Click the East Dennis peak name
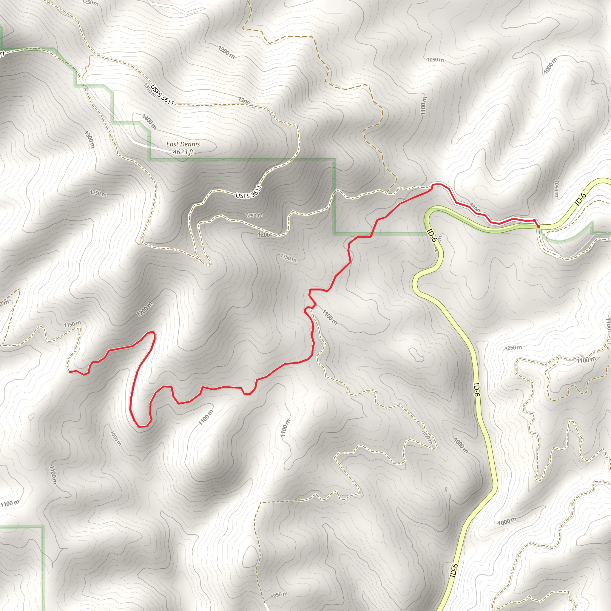click(x=183, y=144)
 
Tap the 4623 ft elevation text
click(x=183, y=152)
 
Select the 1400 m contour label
click(x=149, y=122)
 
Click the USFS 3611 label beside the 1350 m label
click(x=162, y=95)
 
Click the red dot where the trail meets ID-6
click(x=538, y=226)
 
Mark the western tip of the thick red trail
click(x=70, y=371)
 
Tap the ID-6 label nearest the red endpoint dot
click(x=581, y=199)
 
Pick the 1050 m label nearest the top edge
click(x=435, y=60)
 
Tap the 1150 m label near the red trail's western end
click(x=72, y=324)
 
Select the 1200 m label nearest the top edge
click(x=226, y=52)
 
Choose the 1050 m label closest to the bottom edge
click(x=279, y=595)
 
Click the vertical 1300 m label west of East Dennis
click(x=90, y=139)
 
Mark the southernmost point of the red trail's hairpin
click(x=143, y=426)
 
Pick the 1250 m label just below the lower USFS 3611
click(x=254, y=215)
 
